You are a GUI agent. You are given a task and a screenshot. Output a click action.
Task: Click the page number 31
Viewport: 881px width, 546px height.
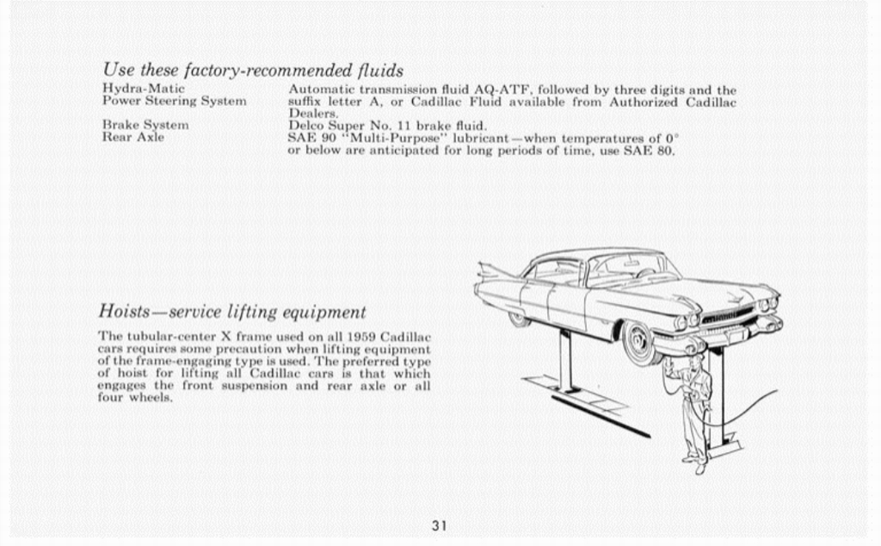pyautogui.click(x=439, y=525)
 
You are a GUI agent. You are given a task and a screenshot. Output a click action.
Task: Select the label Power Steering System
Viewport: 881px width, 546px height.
pyautogui.click(x=174, y=101)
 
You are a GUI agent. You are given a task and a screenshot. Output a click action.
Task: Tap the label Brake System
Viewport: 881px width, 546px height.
pyautogui.click(x=145, y=125)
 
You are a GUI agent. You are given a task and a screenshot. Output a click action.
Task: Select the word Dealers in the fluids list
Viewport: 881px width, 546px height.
pyautogui.click(x=313, y=113)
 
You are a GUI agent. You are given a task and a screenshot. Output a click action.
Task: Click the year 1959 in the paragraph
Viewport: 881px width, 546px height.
pyautogui.click(x=362, y=336)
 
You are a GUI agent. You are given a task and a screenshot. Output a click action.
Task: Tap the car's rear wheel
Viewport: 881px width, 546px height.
pyautogui.click(x=518, y=319)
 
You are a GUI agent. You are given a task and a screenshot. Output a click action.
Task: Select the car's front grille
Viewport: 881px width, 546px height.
pyautogui.click(x=728, y=315)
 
